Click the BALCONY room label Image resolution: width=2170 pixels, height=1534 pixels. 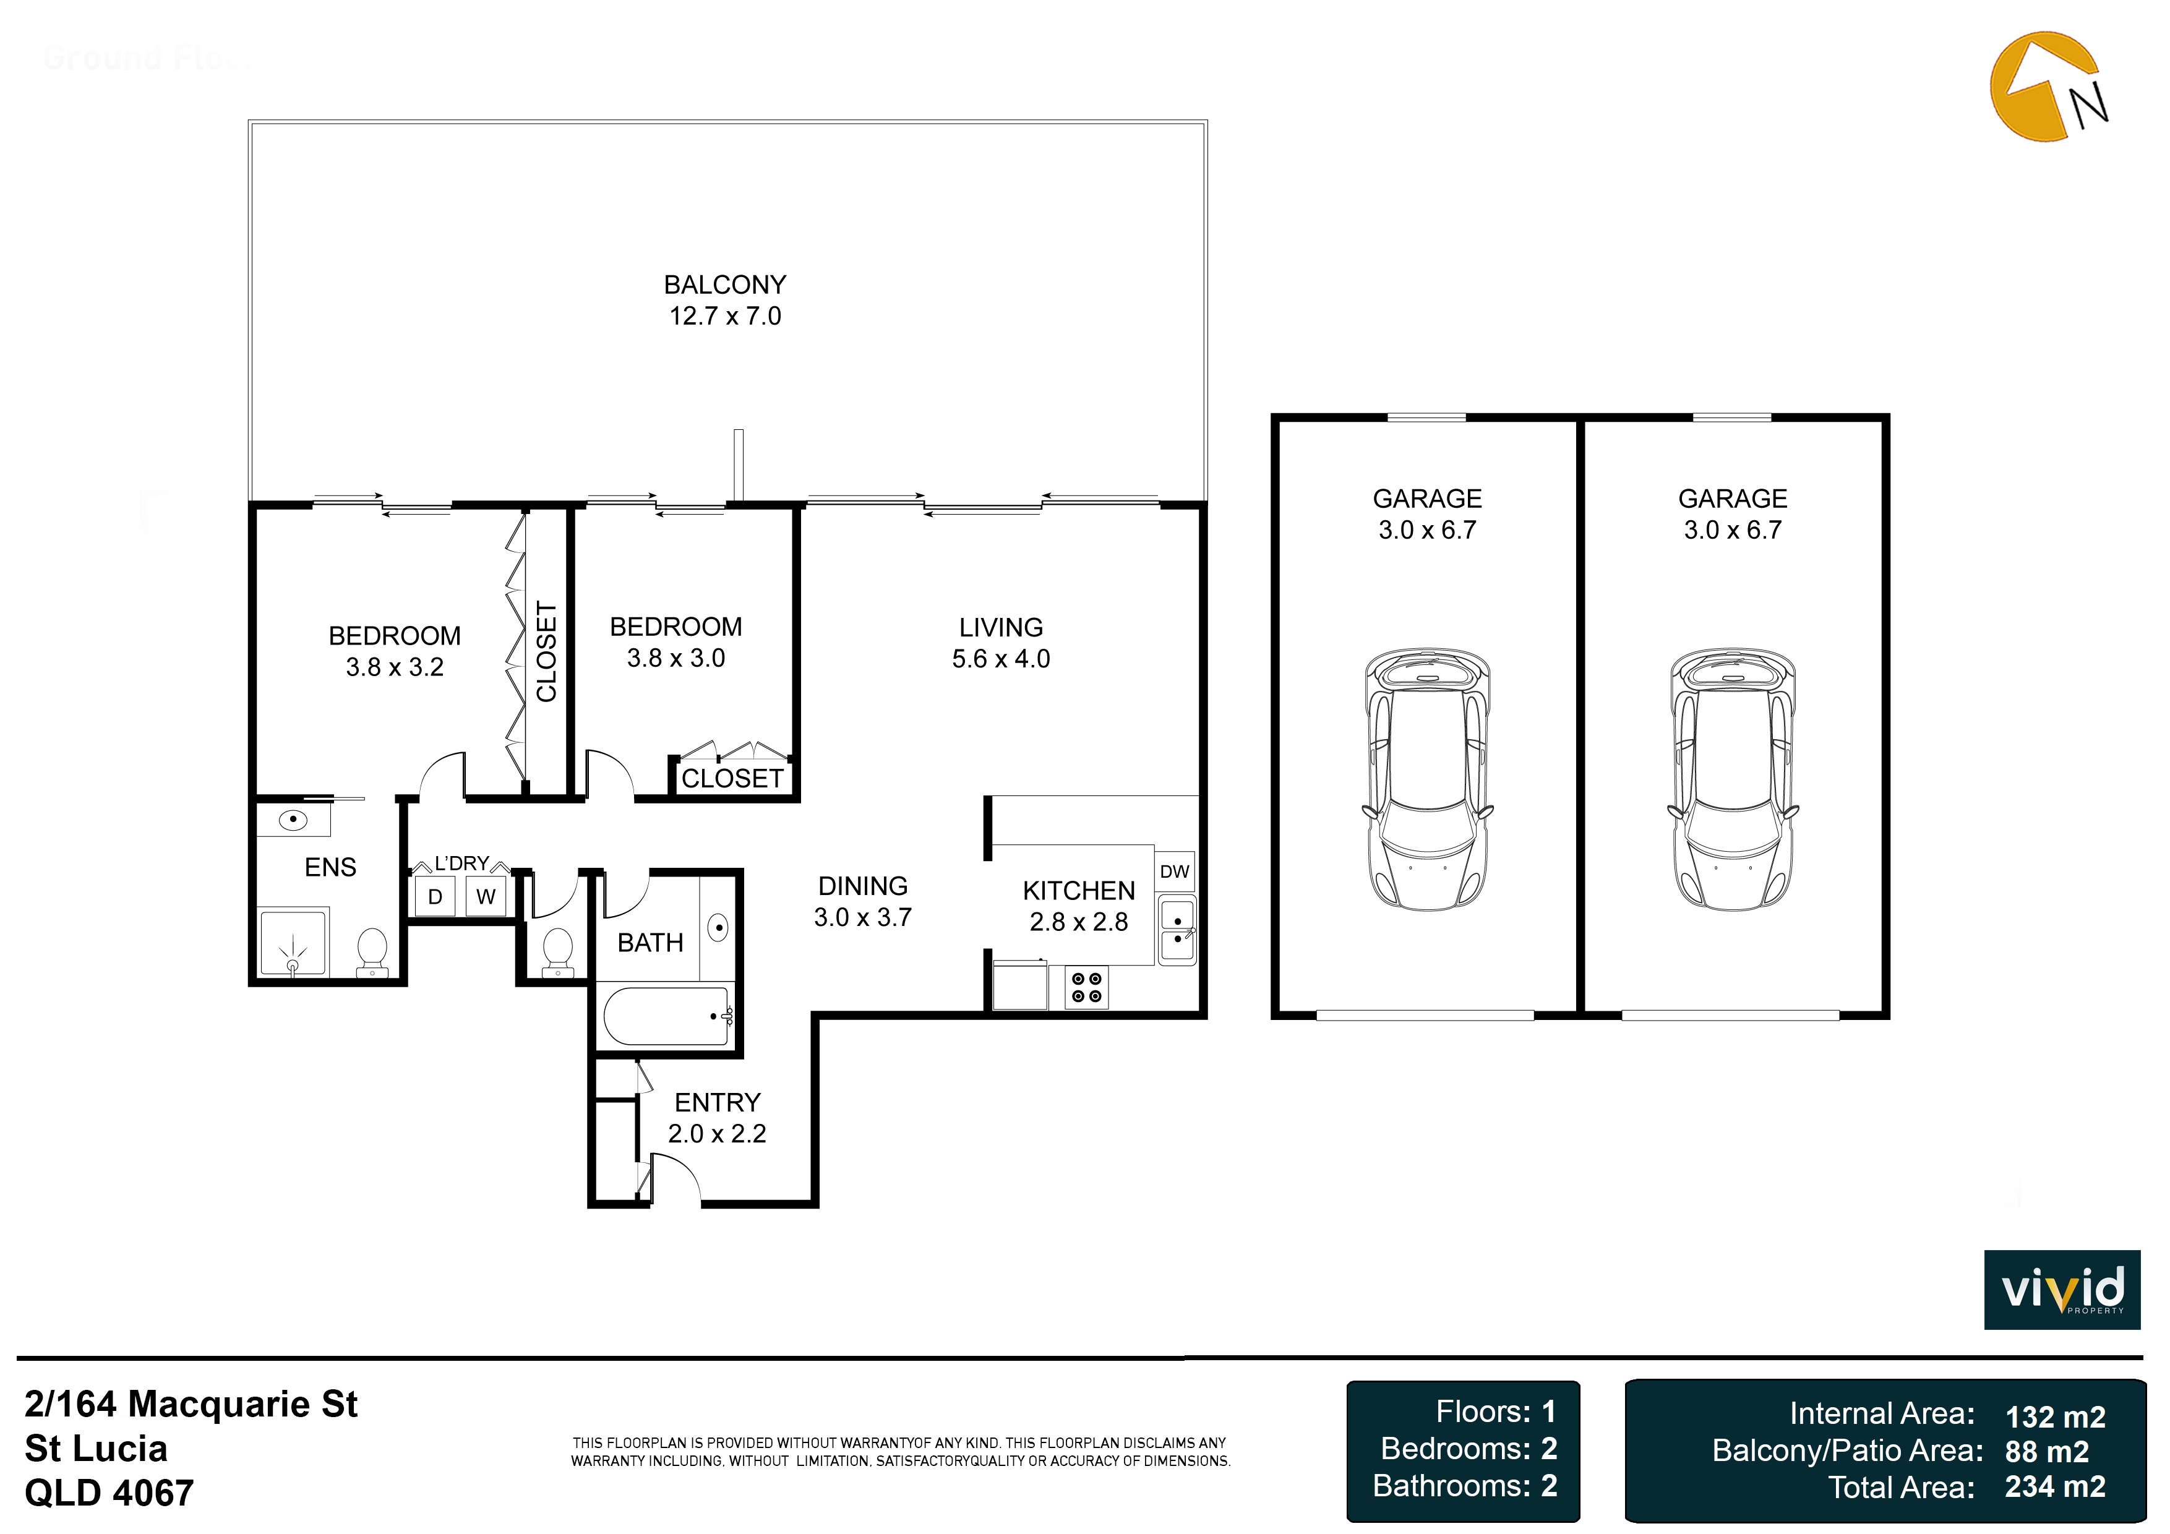point(725,285)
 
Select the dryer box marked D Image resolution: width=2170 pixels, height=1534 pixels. point(435,897)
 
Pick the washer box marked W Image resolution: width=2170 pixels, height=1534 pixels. point(486,897)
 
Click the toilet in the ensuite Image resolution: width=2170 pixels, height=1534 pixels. point(371,951)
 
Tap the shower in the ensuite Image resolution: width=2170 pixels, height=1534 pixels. point(293,942)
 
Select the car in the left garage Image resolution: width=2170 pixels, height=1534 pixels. point(1427,779)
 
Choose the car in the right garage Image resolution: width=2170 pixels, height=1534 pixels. point(1733,779)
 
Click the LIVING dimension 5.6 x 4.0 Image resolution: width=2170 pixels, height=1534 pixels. point(1001,659)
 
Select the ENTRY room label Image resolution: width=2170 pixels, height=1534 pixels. point(718,1102)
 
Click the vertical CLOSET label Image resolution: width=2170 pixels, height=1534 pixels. point(546,651)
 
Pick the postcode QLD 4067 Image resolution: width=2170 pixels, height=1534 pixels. point(109,1493)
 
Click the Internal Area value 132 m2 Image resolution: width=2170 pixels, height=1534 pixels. point(2055,1417)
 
